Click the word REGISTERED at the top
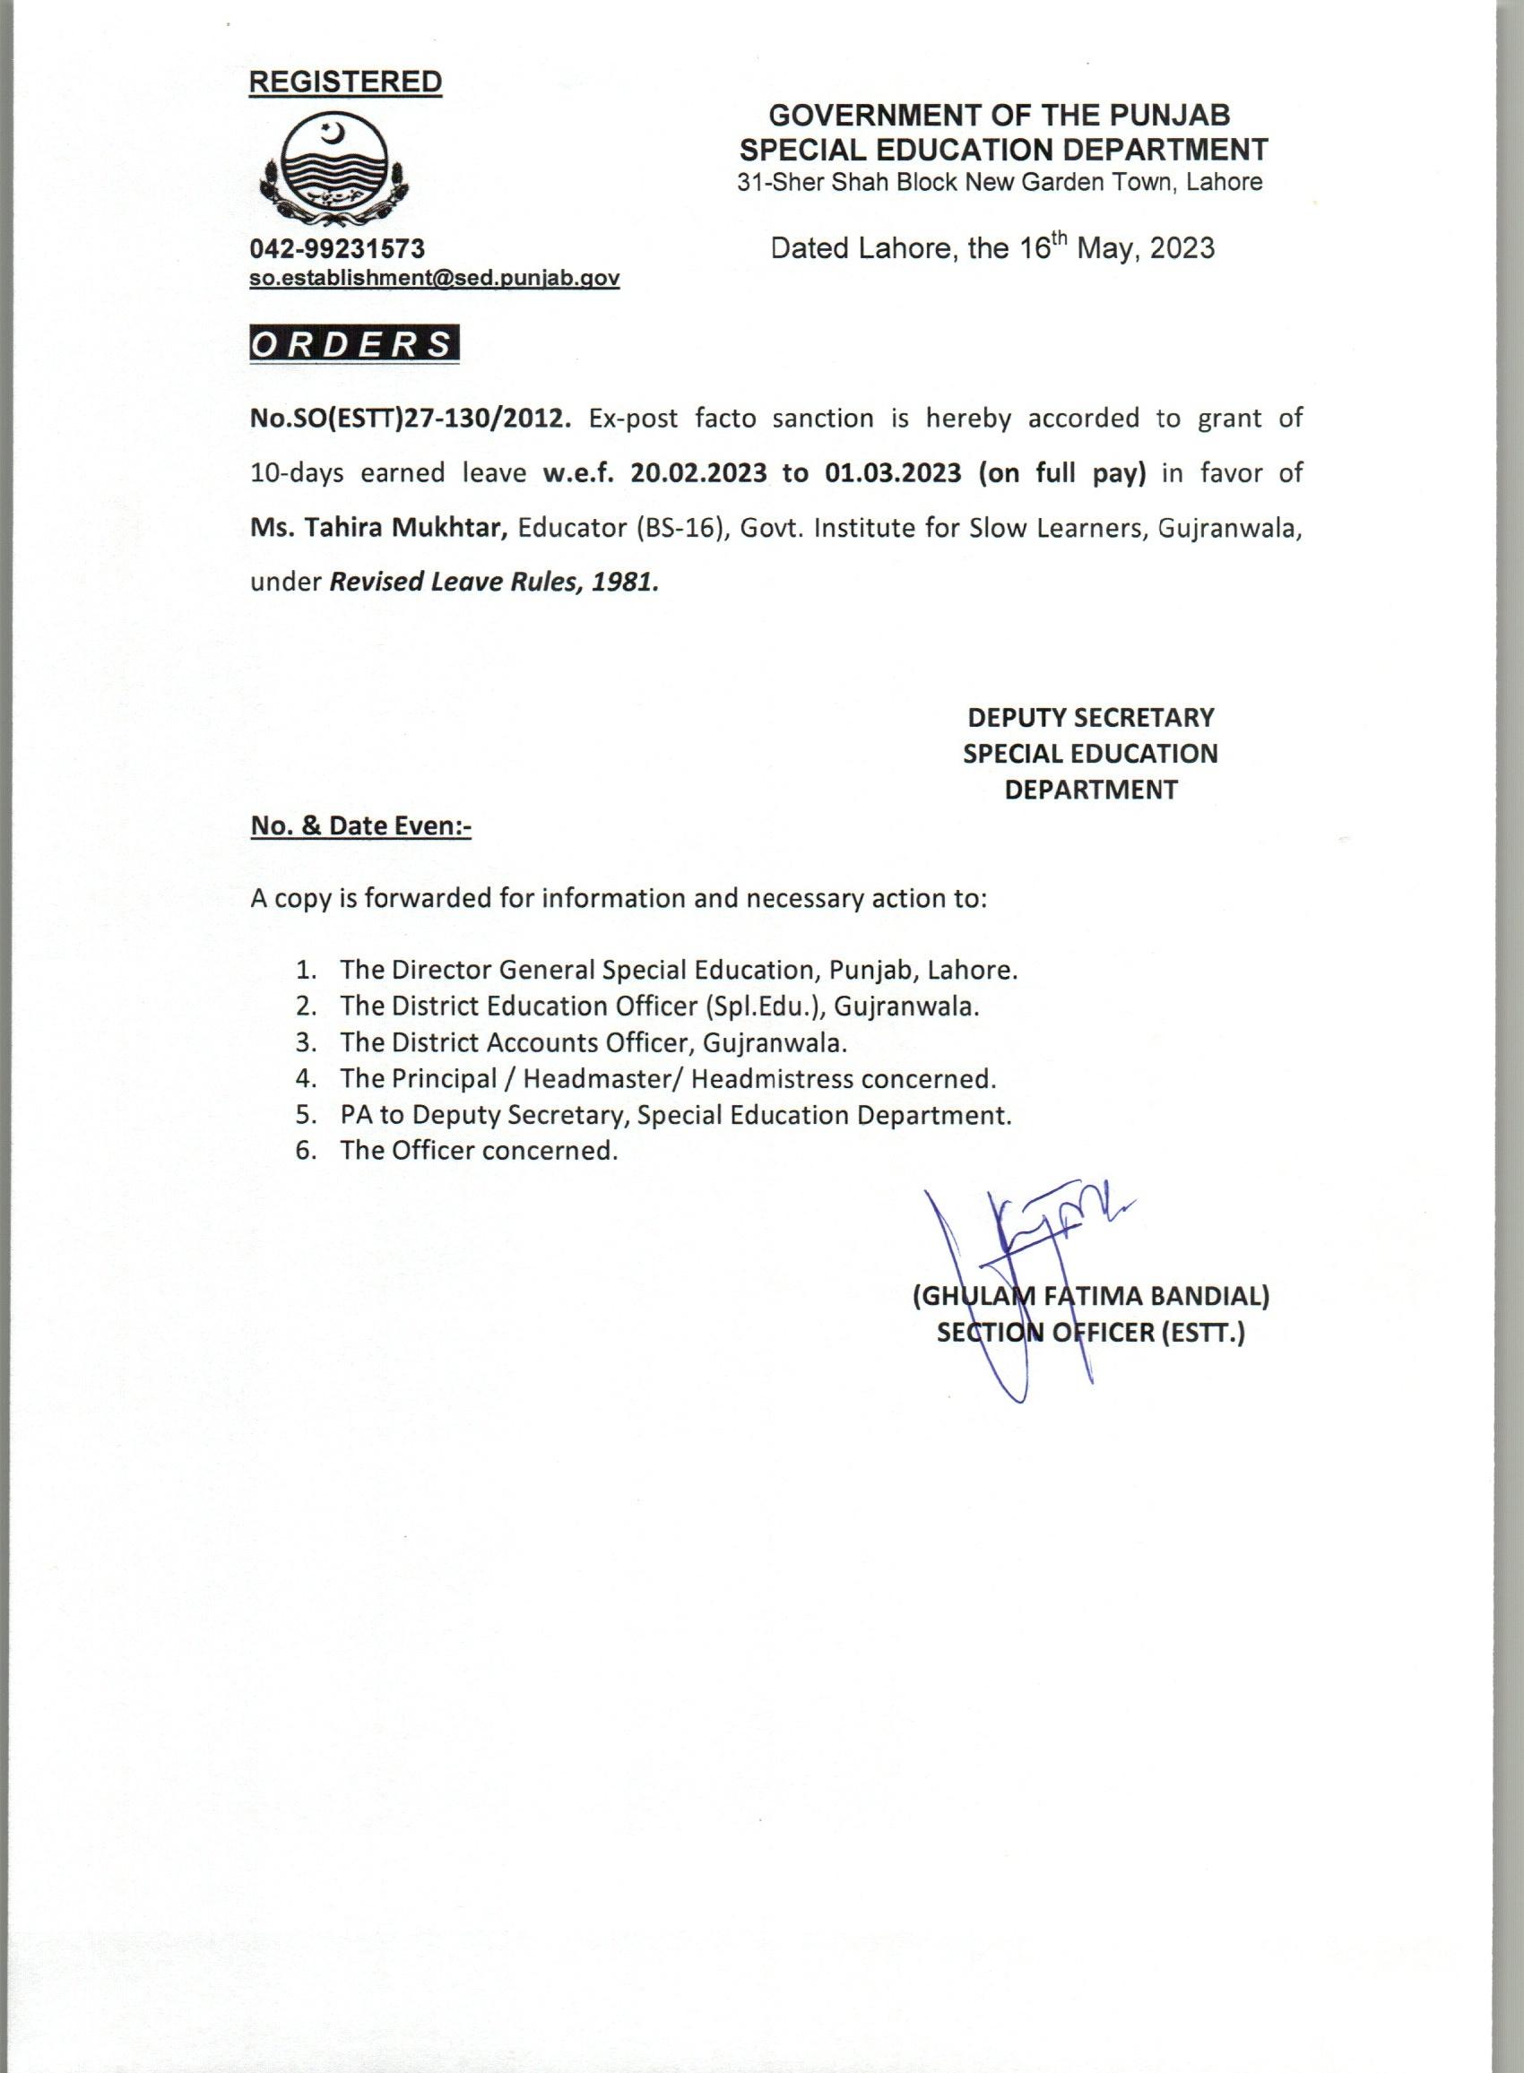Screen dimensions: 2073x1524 point(345,82)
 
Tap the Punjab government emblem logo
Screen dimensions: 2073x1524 point(331,172)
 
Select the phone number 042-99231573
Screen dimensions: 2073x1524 point(338,249)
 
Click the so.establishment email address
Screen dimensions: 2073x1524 point(435,278)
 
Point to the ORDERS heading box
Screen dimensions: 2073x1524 point(354,344)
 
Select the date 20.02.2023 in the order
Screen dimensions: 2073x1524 point(698,473)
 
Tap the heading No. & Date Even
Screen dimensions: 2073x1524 point(360,826)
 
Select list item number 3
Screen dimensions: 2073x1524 point(307,1043)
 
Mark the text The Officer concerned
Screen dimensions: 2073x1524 point(478,1151)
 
